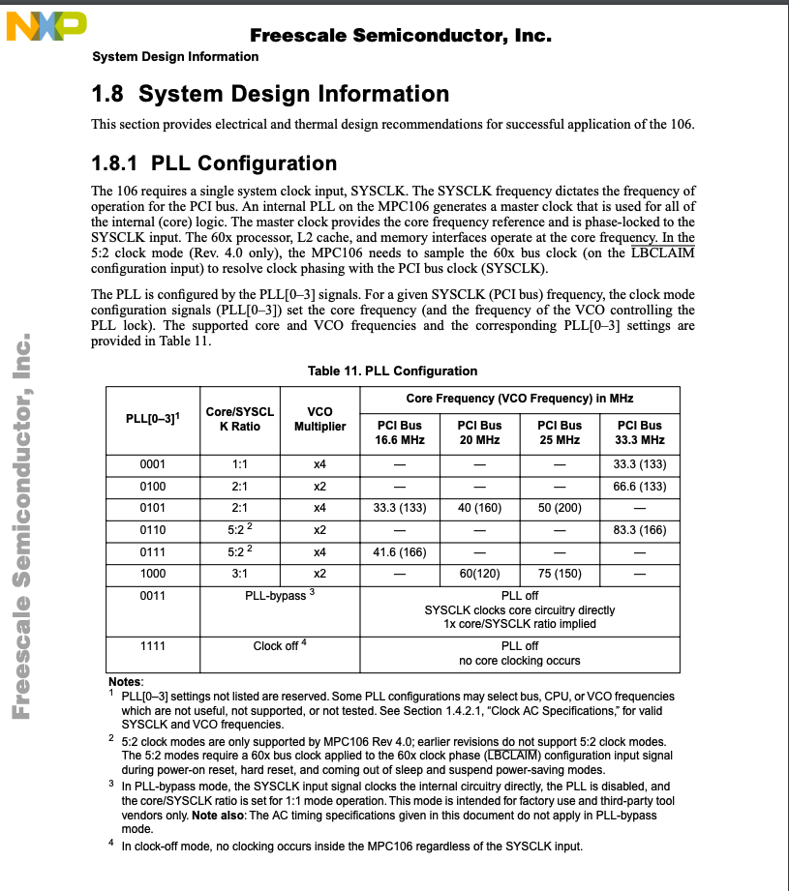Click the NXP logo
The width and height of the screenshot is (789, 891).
click(46, 26)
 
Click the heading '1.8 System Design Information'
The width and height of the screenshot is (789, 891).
click(270, 94)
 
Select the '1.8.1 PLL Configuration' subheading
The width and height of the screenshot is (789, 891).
click(214, 163)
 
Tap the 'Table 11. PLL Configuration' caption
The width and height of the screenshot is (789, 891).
click(392, 371)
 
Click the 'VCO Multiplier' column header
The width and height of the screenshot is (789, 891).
click(319, 419)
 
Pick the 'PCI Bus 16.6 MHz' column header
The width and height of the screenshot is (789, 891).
click(400, 432)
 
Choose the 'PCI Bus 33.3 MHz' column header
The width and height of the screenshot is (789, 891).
click(640, 432)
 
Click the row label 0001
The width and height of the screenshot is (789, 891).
click(153, 464)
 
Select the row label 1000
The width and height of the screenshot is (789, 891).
click(153, 572)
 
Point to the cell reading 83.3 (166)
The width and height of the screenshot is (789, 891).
click(640, 529)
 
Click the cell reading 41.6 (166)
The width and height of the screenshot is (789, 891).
click(400, 551)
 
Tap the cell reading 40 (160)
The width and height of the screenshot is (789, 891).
click(480, 507)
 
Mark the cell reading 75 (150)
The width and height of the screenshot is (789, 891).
click(560, 572)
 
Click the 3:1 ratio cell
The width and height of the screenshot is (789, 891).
click(240, 572)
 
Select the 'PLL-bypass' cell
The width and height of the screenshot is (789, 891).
click(280, 595)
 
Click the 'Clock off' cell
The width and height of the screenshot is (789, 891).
click(280, 646)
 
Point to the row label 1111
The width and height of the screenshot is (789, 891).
click(153, 645)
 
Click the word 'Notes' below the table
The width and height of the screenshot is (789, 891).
click(125, 681)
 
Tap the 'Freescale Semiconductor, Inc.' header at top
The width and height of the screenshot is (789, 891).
click(400, 36)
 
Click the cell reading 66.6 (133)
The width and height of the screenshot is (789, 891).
click(640, 486)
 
